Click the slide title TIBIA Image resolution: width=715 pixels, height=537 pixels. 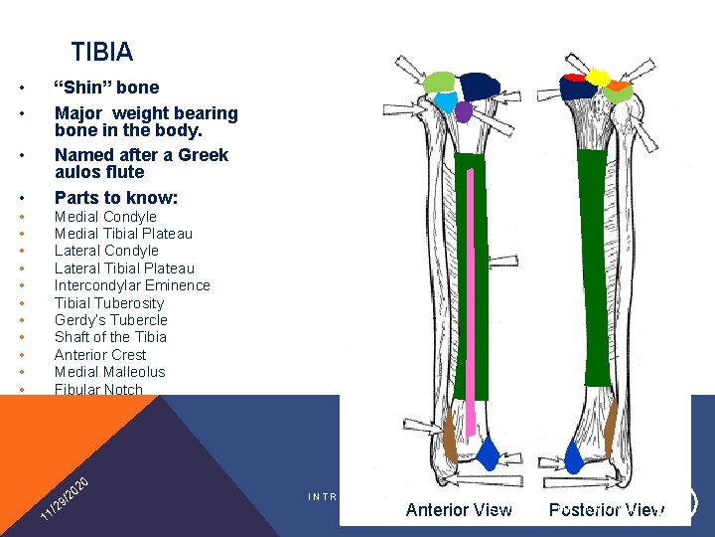tap(101, 52)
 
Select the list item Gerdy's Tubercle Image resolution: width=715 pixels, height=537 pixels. tap(111, 320)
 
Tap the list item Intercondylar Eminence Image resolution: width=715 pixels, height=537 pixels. tap(132, 285)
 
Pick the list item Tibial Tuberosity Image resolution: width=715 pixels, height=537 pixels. tap(109, 303)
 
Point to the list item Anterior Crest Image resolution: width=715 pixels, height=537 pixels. tap(100, 355)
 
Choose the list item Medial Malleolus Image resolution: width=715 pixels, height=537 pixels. tap(110, 372)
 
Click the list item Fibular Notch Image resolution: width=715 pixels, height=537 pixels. tap(98, 389)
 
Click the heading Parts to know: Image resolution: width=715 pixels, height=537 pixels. tap(116, 197)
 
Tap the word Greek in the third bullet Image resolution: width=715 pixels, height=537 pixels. tap(203, 155)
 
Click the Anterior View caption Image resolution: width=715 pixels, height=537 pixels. tap(459, 510)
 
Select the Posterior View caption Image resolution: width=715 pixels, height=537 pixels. tap(606, 510)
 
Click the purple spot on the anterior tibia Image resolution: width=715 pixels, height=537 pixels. tap(463, 111)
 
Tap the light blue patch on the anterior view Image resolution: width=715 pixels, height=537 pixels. tap(447, 102)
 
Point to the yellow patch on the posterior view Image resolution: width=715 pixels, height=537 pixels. tap(598, 77)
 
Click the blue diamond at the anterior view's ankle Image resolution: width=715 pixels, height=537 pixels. tap(487, 455)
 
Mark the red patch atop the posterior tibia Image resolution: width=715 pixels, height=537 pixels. tap(574, 78)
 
